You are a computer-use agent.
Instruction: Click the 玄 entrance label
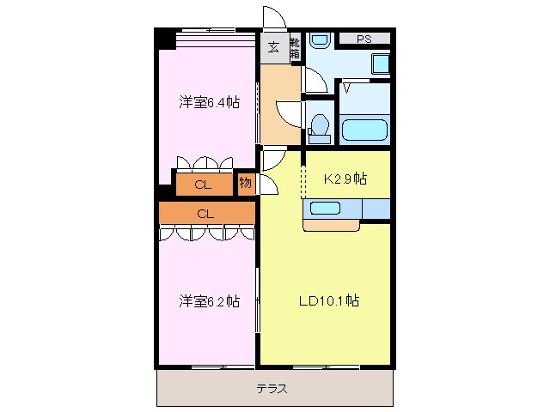pos(273,48)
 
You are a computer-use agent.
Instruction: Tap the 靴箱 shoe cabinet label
pos(295,47)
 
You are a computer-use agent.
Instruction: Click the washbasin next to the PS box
pos(321,39)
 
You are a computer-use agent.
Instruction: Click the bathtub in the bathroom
pos(365,130)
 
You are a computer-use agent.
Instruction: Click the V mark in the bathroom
pos(347,87)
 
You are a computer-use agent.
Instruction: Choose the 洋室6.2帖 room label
pos(209,301)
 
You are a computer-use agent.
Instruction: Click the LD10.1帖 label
pos(328,301)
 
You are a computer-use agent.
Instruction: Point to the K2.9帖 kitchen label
pos(345,179)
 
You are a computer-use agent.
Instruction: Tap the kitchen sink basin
pos(326,208)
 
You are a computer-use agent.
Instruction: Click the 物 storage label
pos(246,183)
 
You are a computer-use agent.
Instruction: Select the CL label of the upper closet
pos(202,185)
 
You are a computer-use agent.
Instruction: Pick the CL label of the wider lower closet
pos(205,213)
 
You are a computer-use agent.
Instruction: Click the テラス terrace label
pos(272,388)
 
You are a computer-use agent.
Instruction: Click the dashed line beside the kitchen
pos(302,180)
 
